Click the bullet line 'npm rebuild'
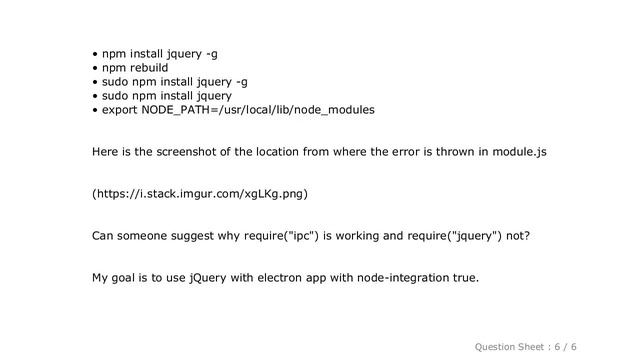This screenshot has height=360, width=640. click(135, 68)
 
